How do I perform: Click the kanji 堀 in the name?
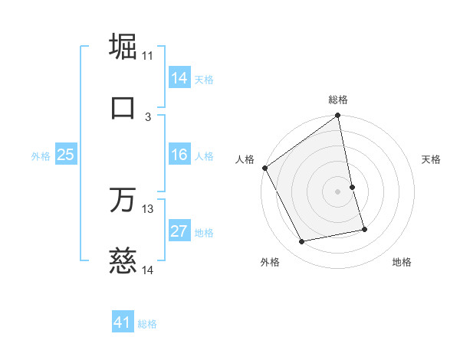(x=123, y=46)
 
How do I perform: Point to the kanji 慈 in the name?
(x=123, y=261)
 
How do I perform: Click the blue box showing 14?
(x=179, y=78)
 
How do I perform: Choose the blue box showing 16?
(x=179, y=155)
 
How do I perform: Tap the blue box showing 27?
(x=179, y=232)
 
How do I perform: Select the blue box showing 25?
(x=66, y=155)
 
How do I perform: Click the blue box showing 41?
(x=123, y=323)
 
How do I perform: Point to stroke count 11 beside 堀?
(x=148, y=55)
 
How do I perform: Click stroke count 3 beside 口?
(x=148, y=116)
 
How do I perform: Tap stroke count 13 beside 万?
(x=148, y=209)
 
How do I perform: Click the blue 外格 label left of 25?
(x=41, y=156)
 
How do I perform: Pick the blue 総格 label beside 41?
(x=147, y=324)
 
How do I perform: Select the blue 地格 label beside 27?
(x=204, y=233)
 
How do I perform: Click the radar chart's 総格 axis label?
(x=338, y=100)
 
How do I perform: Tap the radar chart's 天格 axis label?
(x=432, y=159)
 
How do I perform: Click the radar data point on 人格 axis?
(x=265, y=168)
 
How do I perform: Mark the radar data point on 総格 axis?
(x=338, y=116)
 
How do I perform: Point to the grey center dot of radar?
(x=338, y=191)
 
